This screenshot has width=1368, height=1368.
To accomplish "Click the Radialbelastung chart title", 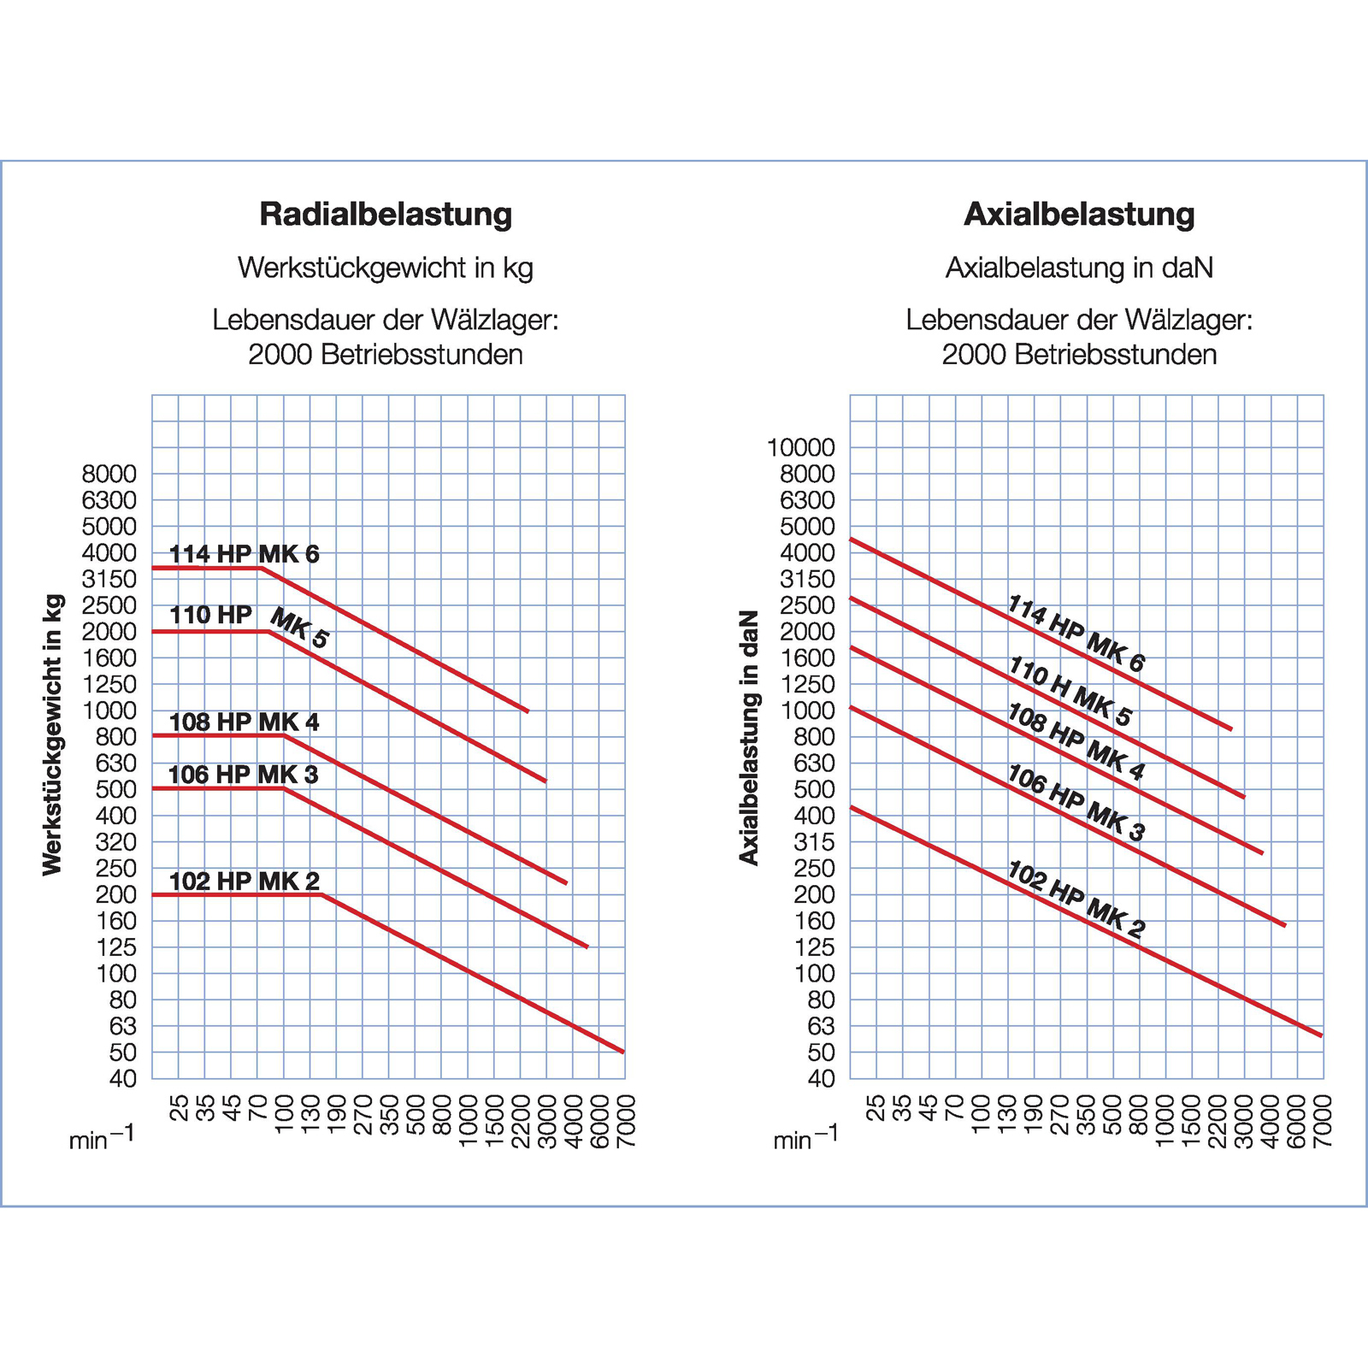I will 386,214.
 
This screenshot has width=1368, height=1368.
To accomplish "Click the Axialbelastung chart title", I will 1079,214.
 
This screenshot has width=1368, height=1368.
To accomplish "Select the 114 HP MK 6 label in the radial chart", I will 244,554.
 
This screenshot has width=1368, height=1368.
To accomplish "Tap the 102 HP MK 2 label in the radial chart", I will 244,881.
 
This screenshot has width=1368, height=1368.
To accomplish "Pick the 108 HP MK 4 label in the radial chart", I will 244,722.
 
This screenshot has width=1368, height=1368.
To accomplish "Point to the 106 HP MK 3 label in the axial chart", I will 1076,803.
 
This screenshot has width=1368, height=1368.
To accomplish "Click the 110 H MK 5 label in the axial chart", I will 1070,691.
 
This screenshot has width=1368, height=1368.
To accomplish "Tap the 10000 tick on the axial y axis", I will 800,447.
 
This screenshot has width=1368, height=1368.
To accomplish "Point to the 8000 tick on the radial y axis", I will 109,474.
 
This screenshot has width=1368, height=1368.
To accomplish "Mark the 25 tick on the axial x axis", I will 876,1108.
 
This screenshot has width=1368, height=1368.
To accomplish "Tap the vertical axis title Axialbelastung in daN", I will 749,737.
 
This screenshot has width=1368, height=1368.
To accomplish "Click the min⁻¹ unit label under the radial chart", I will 101,1138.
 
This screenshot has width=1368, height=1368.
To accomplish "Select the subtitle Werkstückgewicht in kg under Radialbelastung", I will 386,268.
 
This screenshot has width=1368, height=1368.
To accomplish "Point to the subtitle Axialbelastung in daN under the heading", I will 1079,268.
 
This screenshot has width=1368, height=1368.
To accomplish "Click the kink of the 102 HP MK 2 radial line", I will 321,894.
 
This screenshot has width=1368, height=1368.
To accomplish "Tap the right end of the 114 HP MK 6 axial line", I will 1232,729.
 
